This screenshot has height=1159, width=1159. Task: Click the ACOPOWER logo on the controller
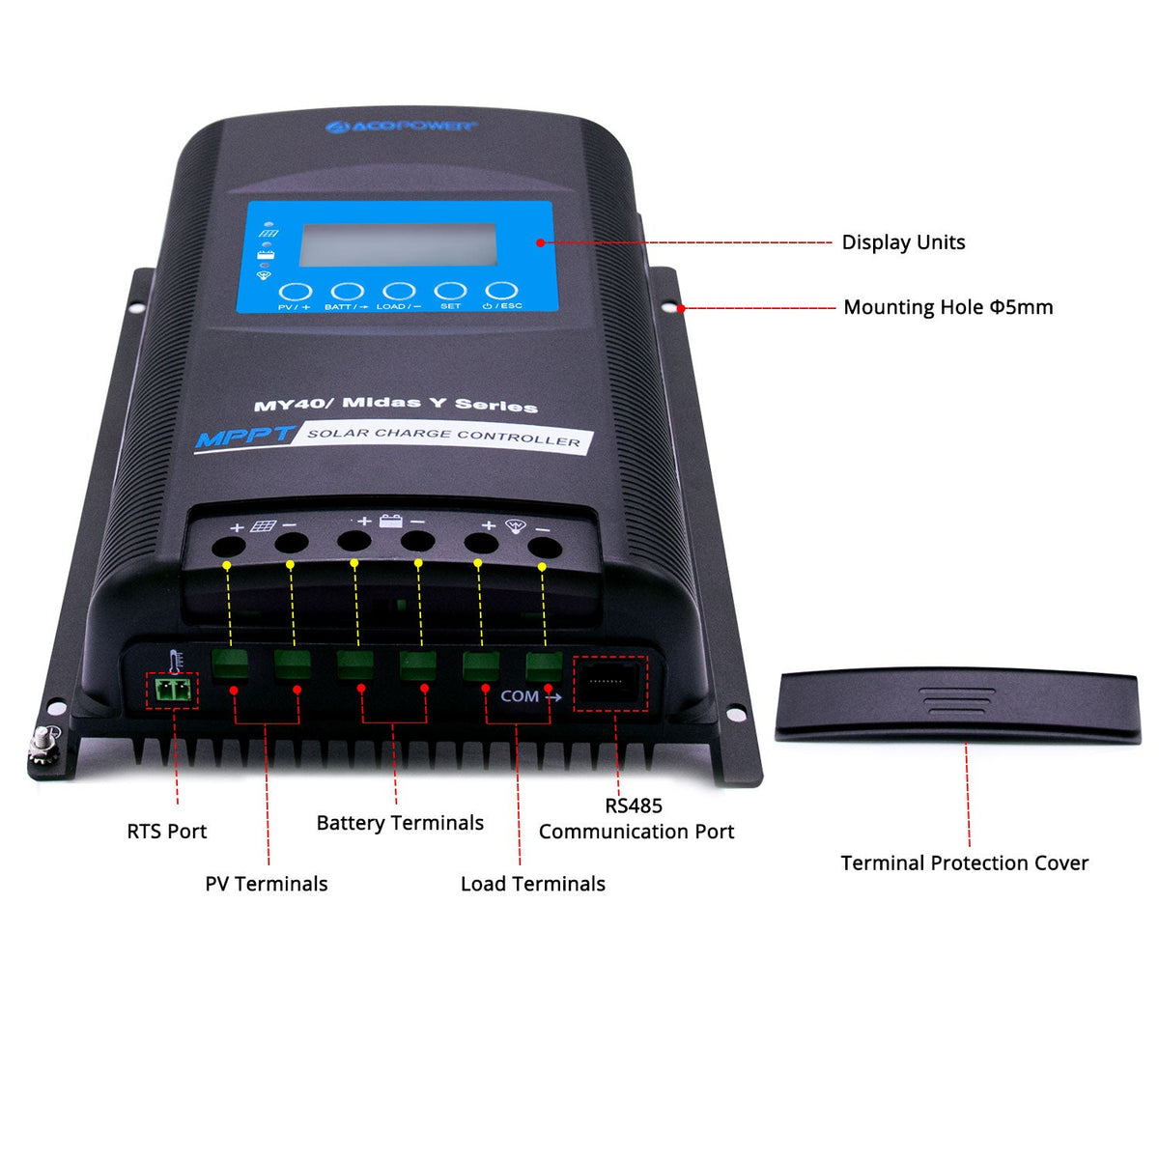tap(400, 127)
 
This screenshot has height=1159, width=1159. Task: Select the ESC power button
tap(501, 291)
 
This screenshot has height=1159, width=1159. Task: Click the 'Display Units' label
tap(903, 242)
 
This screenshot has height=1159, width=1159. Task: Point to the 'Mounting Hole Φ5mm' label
tap(947, 307)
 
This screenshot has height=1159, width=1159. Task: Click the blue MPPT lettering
tap(245, 438)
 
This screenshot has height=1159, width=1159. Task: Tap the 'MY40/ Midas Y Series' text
tap(396, 404)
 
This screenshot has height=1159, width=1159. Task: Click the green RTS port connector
tap(172, 691)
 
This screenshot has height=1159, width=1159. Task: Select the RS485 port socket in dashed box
tap(609, 683)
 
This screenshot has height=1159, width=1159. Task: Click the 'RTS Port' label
tap(167, 832)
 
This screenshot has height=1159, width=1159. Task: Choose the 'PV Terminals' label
tap(267, 884)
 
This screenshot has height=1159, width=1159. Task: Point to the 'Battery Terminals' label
tap(400, 823)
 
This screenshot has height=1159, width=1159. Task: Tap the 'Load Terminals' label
tap(533, 884)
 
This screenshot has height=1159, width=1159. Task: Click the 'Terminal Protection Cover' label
tap(964, 863)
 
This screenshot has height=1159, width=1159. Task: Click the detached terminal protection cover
tap(957, 707)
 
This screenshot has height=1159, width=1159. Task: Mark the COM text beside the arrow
tap(520, 696)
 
